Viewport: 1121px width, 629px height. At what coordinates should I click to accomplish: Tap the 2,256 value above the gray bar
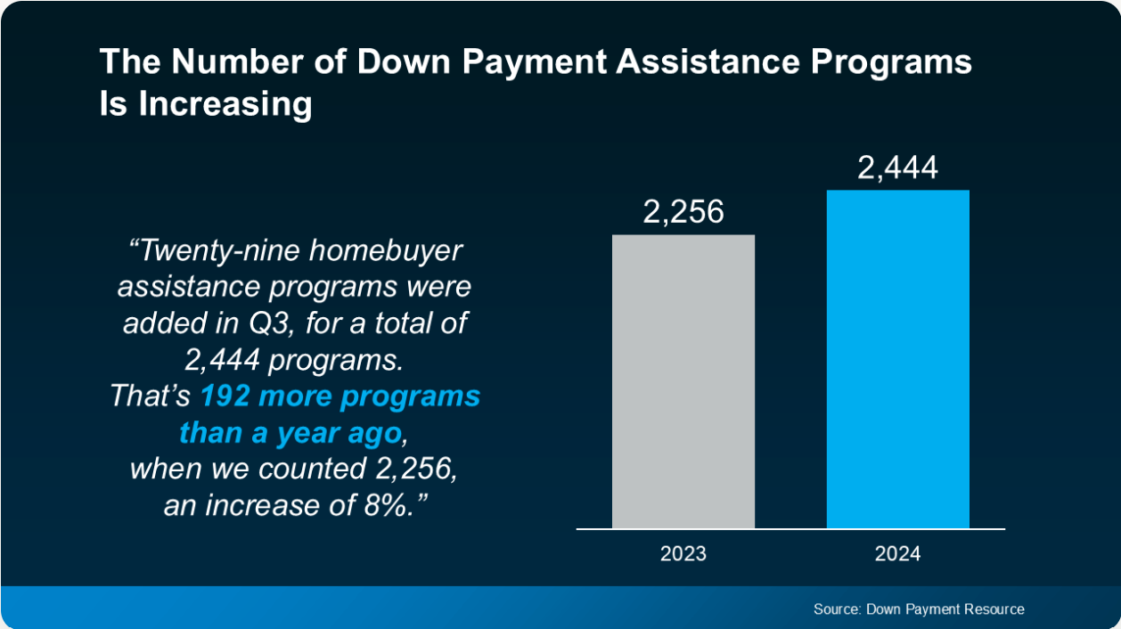coord(683,212)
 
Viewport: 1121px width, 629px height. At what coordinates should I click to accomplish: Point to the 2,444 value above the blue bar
coord(897,167)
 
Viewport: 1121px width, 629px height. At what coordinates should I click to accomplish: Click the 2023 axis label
coord(683,553)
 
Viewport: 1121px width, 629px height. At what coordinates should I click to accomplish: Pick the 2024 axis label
coord(897,553)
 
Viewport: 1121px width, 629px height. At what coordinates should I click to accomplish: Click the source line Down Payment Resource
coord(919,609)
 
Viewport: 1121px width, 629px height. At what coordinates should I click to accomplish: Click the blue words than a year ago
coord(292,433)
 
